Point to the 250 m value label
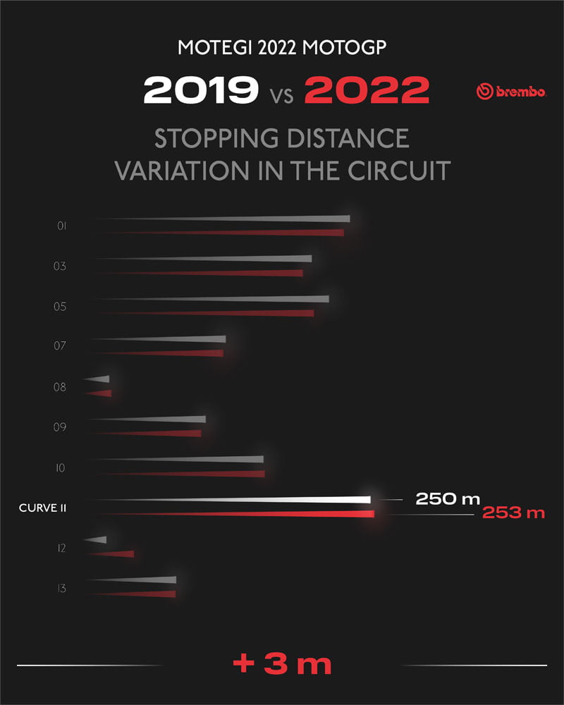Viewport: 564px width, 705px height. (447, 499)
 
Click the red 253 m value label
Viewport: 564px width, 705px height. (513, 513)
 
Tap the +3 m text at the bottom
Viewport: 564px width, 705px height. (282, 664)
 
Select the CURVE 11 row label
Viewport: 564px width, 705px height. (42, 508)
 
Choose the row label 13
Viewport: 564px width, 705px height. (62, 588)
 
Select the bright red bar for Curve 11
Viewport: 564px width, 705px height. (282, 514)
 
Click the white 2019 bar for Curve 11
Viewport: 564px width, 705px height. (282, 500)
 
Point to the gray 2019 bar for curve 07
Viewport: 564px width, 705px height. (183, 340)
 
